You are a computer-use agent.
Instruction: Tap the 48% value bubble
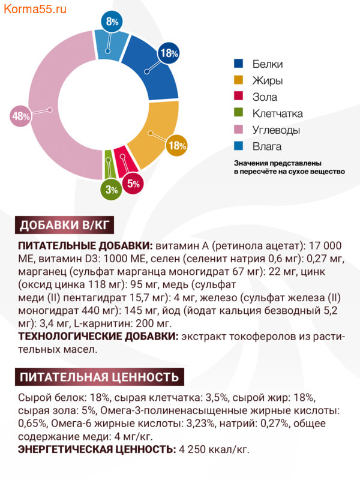click(21, 116)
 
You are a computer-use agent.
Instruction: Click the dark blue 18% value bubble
click(169, 53)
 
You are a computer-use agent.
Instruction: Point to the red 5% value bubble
click(133, 184)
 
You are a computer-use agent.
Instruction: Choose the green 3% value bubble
click(112, 190)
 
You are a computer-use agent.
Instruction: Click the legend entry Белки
click(266, 64)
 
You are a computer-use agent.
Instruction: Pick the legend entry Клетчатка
click(277, 113)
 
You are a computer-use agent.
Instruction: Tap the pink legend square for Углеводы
click(238, 130)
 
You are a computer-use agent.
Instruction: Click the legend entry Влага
click(266, 146)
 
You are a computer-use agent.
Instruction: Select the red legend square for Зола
click(238, 97)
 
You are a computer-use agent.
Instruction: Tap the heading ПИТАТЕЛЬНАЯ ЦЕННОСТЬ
click(99, 377)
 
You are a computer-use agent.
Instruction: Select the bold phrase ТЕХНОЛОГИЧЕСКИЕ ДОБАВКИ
click(98, 337)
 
